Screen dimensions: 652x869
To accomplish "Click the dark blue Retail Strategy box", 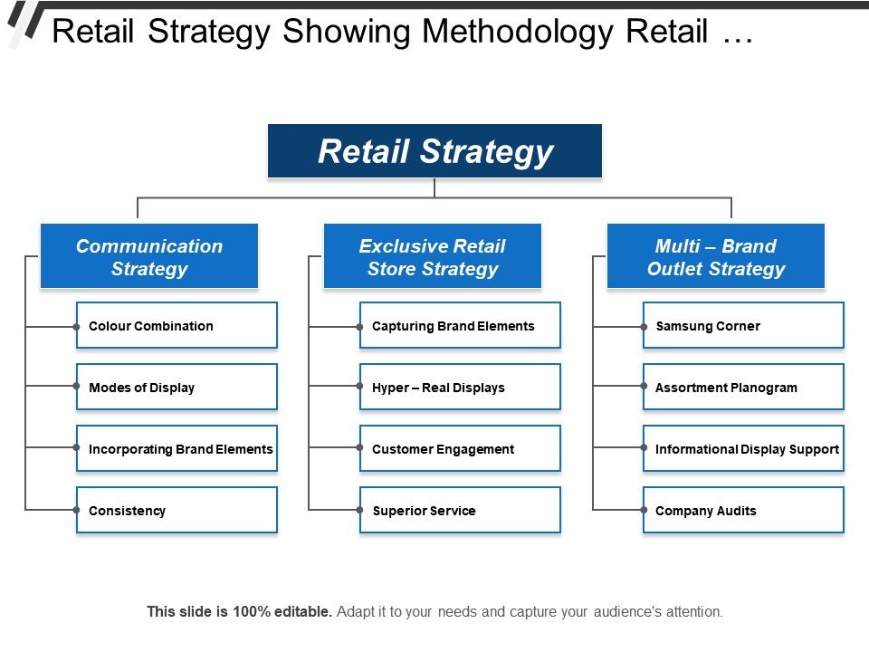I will click(434, 150).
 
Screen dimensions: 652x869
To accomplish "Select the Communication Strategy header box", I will click(149, 257).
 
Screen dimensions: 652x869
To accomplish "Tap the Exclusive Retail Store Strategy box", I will click(433, 257).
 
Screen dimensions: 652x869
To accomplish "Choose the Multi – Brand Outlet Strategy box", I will click(716, 257).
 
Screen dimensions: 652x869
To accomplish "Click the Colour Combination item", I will click(177, 326).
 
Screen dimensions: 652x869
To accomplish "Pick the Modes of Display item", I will click(177, 388).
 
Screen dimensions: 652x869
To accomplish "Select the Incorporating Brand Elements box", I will click(177, 449).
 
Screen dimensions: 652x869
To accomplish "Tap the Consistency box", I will click(177, 511).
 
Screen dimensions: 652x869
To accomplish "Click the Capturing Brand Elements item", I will click(460, 326).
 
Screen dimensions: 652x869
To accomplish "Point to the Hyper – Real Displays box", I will click(460, 388).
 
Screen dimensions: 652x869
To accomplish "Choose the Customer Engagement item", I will click(460, 449).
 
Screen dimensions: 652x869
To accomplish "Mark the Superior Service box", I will click(460, 511).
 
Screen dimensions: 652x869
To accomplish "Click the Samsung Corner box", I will click(743, 326).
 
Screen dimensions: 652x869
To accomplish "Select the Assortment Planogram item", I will click(743, 388).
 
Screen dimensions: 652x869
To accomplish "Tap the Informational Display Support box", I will click(743, 449).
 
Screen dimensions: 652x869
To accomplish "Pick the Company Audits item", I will click(743, 511).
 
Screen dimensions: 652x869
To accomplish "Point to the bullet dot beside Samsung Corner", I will click(644, 326).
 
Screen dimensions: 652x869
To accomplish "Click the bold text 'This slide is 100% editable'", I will click(240, 612).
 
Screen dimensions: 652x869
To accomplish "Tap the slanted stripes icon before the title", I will click(24, 23).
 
